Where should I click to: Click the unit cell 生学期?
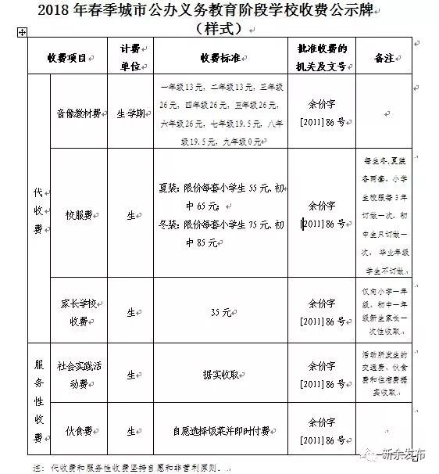[x=130, y=113]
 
